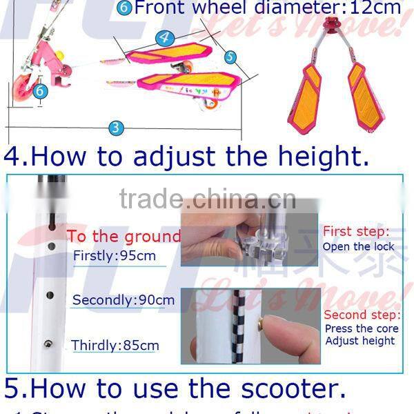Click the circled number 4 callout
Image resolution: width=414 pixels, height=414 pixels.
click(164, 37)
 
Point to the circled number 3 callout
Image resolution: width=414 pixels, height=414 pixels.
click(116, 127)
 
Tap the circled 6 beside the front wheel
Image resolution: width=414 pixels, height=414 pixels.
click(40, 90)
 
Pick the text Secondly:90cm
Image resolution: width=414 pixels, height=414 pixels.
click(123, 300)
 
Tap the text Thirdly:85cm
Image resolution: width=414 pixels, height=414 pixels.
click(115, 345)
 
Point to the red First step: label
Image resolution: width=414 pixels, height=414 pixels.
click(357, 232)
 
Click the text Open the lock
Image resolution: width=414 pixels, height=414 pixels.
click(359, 246)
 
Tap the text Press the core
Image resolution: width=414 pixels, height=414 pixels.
click(359, 328)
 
